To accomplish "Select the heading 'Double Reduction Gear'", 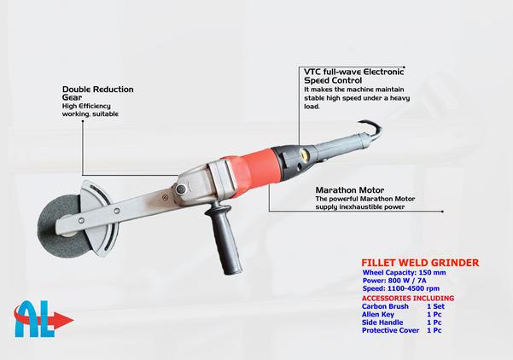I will click(x=98, y=93).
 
